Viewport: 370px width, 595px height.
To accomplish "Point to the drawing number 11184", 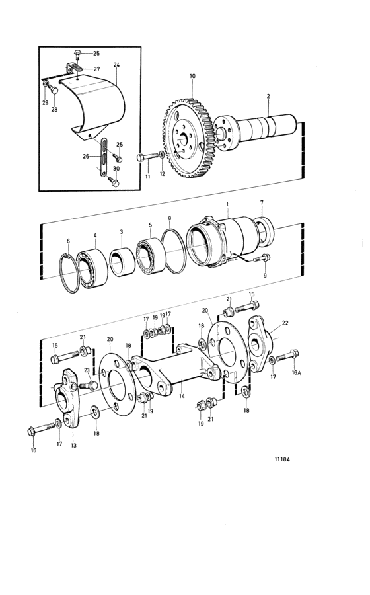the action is [x=282, y=459].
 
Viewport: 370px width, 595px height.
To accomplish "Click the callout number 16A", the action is [x=296, y=373].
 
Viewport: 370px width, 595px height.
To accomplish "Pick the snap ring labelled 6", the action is [x=70, y=273].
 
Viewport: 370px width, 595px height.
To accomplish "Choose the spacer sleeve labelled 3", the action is [x=122, y=262].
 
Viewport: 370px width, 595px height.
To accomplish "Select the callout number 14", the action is [x=182, y=395].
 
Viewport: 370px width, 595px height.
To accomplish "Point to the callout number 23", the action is [x=87, y=370].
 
